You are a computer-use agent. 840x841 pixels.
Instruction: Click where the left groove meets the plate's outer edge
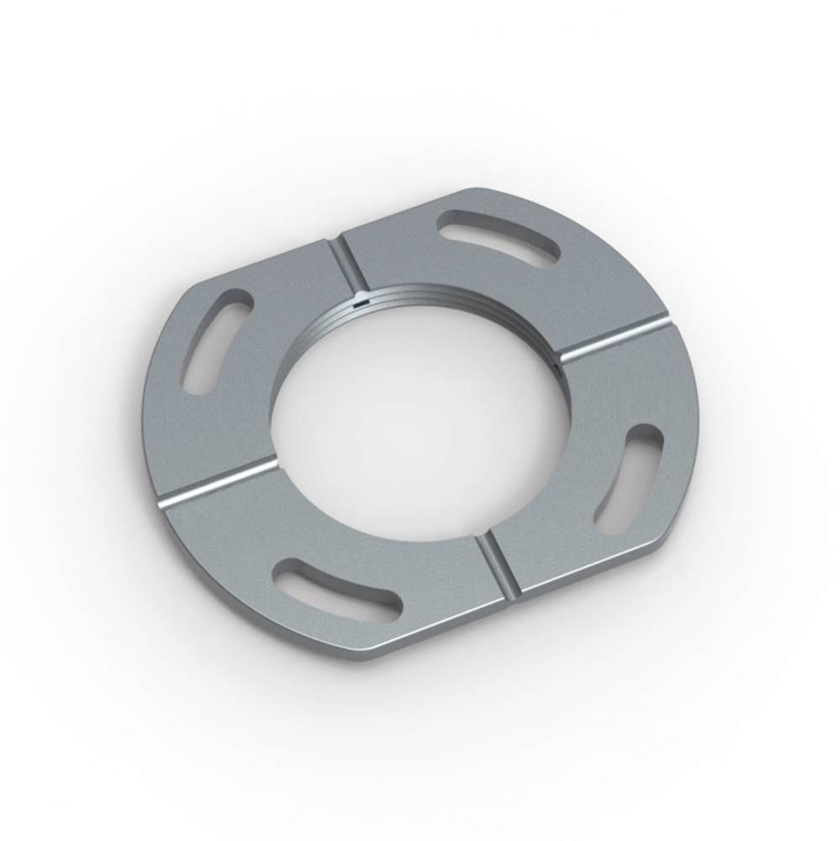(162, 500)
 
